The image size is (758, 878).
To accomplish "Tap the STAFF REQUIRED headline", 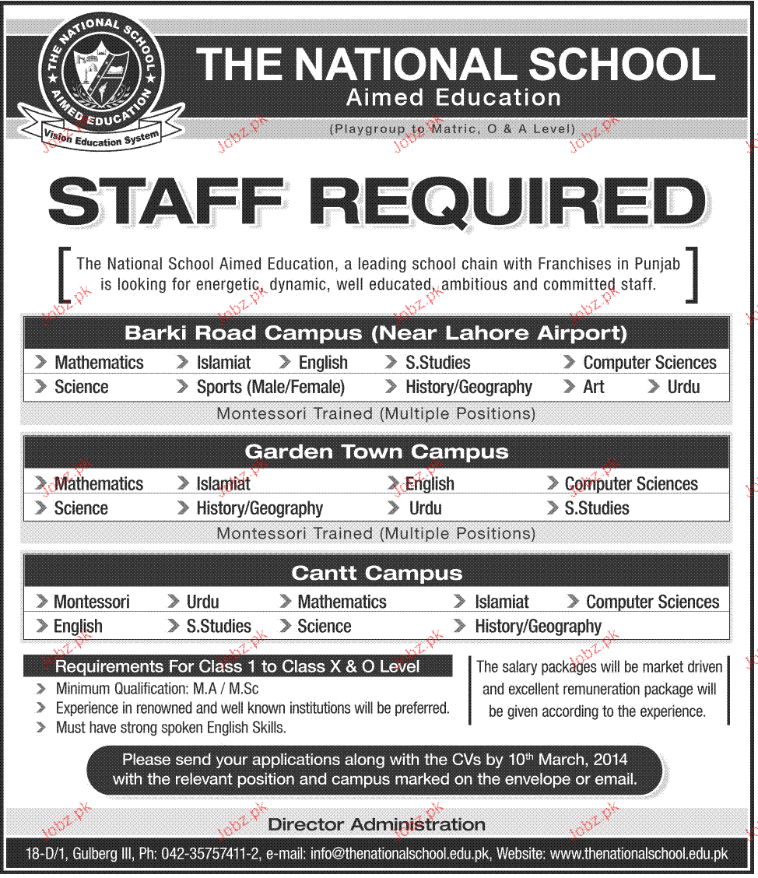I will click(x=377, y=200).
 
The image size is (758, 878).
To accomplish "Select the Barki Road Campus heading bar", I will click(x=377, y=333).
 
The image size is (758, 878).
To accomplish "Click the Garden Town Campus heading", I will click(x=377, y=452).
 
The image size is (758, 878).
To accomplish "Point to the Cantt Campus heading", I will click(x=377, y=574).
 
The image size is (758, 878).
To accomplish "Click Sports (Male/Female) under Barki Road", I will click(x=270, y=387).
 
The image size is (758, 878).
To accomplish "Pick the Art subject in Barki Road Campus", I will click(x=593, y=387).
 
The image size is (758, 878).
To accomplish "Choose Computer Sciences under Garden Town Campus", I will click(x=631, y=483).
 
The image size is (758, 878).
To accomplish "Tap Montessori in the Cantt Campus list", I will click(x=91, y=602).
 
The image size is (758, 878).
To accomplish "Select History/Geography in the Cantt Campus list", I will click(x=538, y=627).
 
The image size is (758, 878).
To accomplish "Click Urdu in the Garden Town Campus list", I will click(x=425, y=508).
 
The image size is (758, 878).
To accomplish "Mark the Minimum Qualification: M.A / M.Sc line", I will click(x=157, y=689).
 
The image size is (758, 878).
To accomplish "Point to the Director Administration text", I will click(x=377, y=824).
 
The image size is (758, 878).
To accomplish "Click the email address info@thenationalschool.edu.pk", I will click(x=401, y=854).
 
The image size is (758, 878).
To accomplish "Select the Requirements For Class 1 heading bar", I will click(x=237, y=666).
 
